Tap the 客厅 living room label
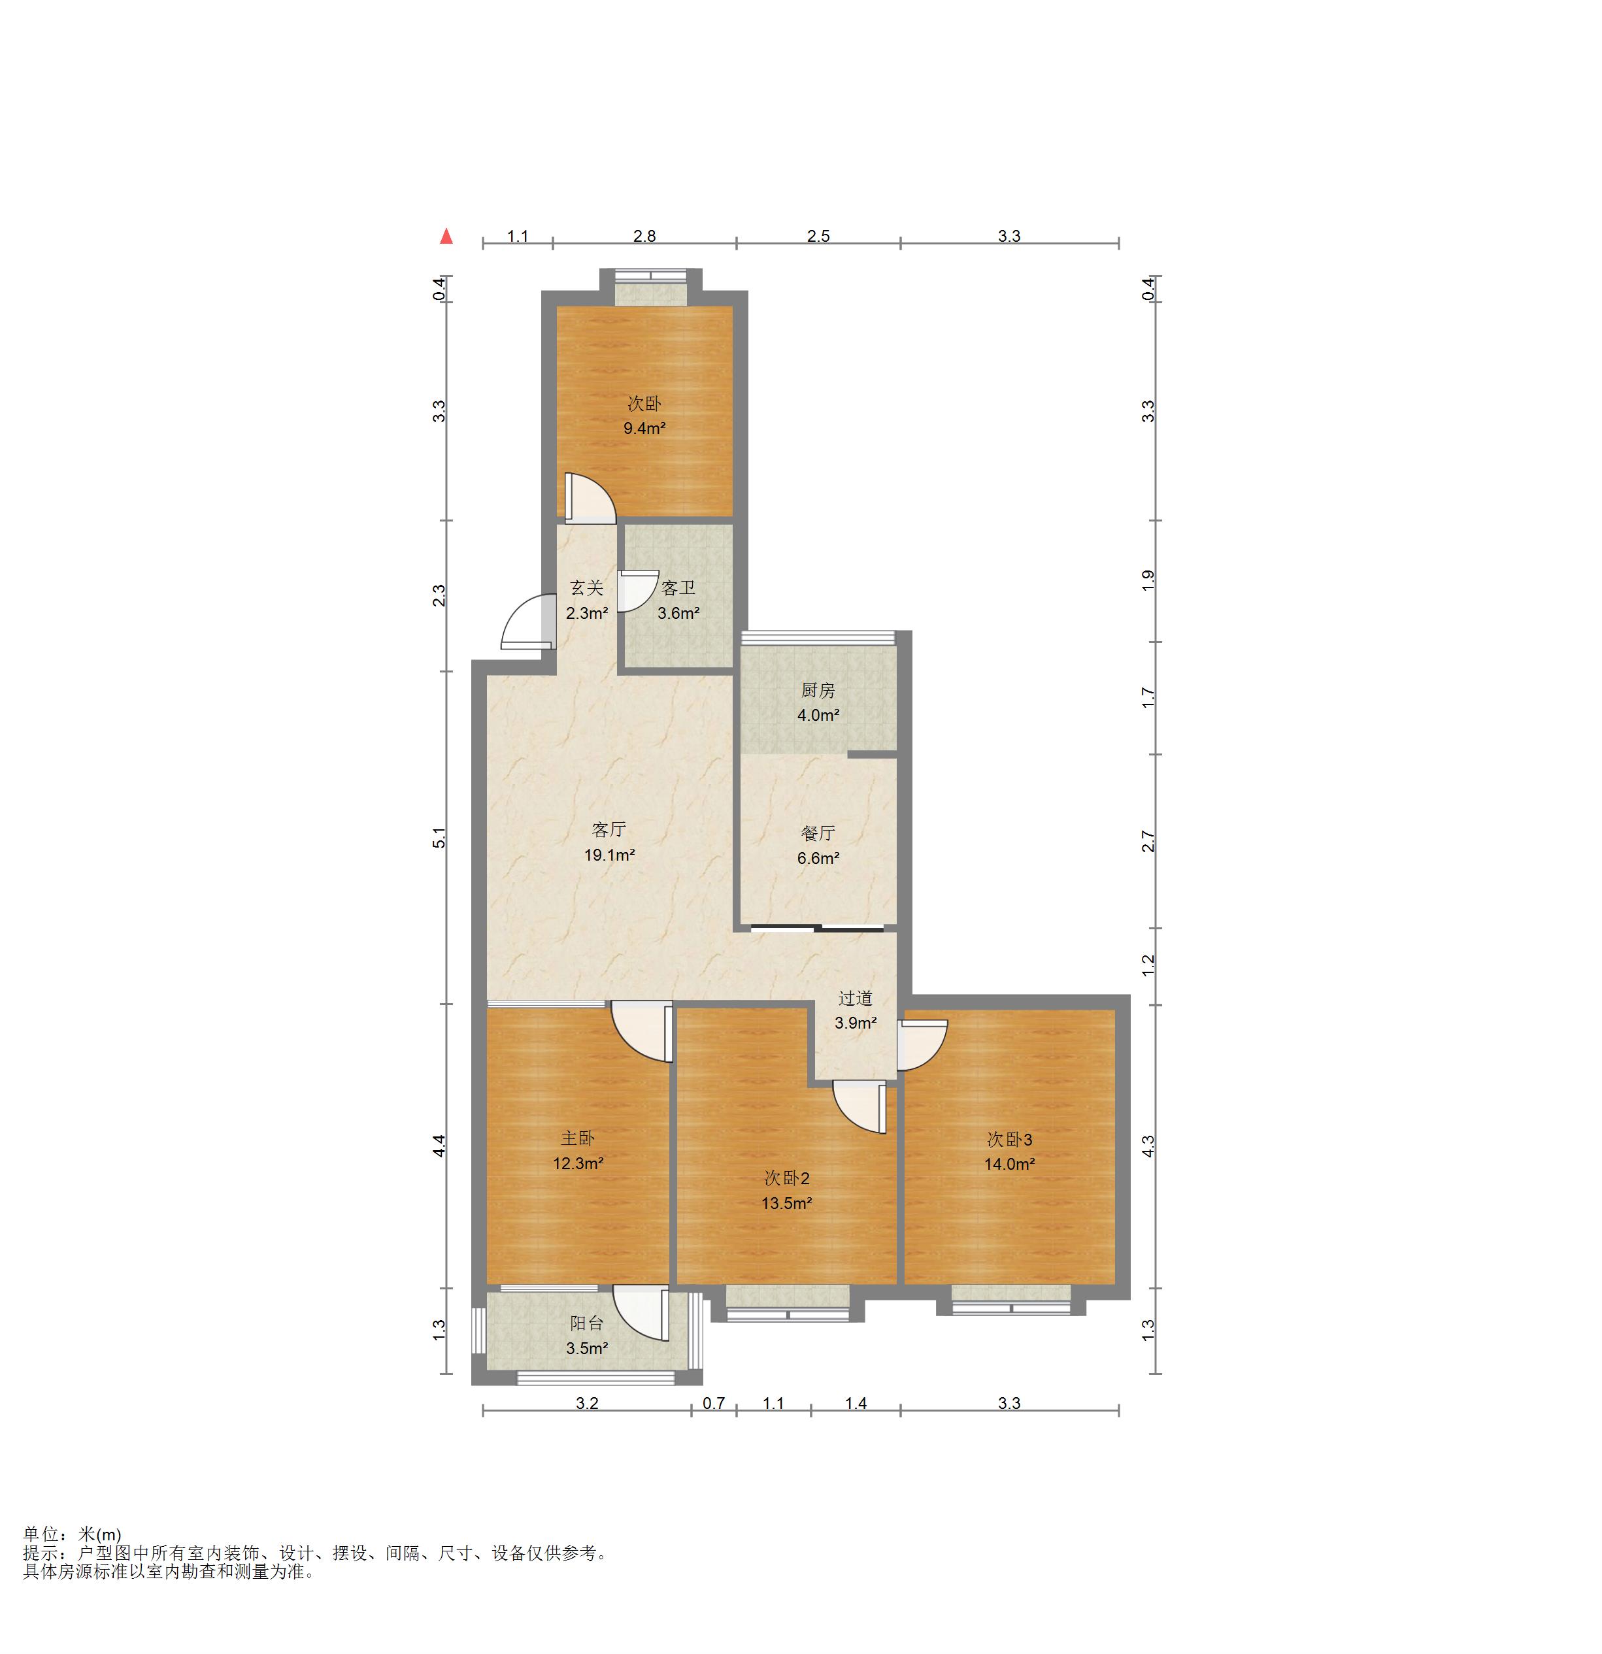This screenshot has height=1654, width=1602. [x=609, y=829]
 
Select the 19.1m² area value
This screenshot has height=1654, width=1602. [x=609, y=855]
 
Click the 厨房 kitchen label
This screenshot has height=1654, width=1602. [x=818, y=690]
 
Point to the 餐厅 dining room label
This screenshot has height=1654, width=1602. [x=818, y=833]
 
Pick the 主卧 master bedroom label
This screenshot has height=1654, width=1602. [x=578, y=1138]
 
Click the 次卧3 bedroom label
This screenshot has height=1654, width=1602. [x=1009, y=1139]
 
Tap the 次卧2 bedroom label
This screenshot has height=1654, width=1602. [x=787, y=1178]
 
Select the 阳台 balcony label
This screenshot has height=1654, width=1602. [x=586, y=1324]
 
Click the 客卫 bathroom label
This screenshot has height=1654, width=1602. [x=678, y=588]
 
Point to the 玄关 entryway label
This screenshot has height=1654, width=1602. [x=586, y=588]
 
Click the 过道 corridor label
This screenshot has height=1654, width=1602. [x=855, y=999]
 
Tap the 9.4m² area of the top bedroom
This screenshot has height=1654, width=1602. [x=645, y=428]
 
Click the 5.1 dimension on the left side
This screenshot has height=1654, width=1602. [x=439, y=839]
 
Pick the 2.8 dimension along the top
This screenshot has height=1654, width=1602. [x=645, y=237]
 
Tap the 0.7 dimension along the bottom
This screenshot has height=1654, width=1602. [x=714, y=1403]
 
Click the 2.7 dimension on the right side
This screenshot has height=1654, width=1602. [x=1148, y=841]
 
